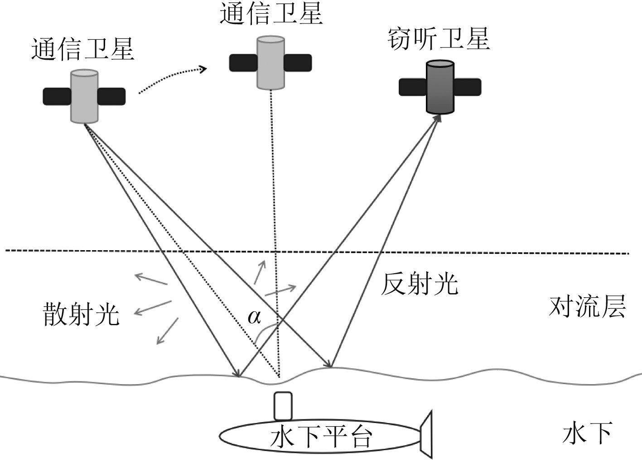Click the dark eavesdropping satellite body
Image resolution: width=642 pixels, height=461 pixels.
(440, 87)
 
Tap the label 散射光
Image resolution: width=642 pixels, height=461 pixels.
(82, 314)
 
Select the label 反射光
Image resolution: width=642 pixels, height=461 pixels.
(419, 284)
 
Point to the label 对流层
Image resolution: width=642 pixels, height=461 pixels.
(587, 307)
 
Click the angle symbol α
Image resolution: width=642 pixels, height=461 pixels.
(254, 317)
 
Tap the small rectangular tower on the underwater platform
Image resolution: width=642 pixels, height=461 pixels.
(282, 406)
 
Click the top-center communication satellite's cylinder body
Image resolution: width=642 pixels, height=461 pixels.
(271, 62)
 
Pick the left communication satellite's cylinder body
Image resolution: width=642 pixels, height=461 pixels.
(84, 96)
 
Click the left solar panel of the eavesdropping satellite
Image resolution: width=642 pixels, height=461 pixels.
(413, 87)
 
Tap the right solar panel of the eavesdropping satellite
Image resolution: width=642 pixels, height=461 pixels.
(467, 87)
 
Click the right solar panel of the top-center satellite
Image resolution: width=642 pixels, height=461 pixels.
(298, 62)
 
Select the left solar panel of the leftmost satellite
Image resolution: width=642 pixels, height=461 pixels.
(57, 96)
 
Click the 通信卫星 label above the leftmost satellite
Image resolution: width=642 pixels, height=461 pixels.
(83, 49)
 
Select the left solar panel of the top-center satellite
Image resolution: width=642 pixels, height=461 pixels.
(244, 63)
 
